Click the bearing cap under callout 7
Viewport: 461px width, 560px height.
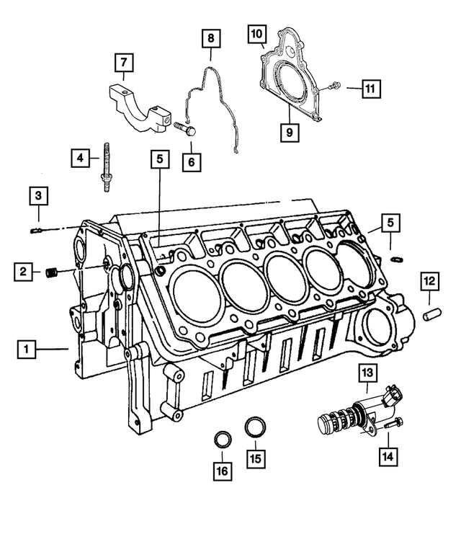tap(138, 104)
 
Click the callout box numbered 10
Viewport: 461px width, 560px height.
tap(257, 32)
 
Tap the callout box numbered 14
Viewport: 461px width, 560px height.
tap(388, 455)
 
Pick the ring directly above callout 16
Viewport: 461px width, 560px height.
tap(223, 439)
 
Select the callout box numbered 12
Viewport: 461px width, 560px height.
tap(430, 280)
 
